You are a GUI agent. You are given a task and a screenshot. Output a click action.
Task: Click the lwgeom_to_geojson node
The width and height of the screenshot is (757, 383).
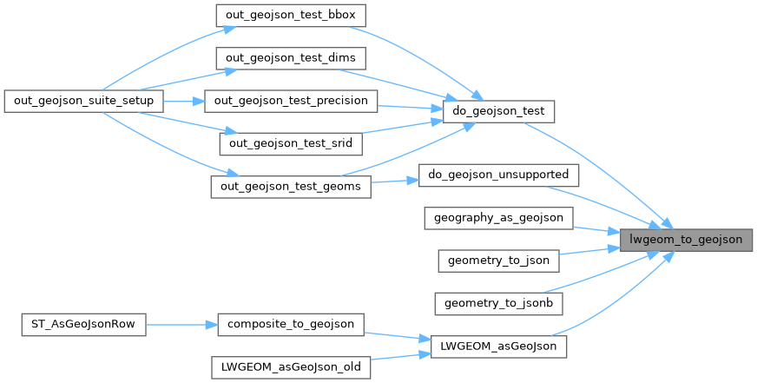click(686, 240)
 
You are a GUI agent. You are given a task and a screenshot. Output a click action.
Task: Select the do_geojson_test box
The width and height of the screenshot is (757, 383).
click(498, 111)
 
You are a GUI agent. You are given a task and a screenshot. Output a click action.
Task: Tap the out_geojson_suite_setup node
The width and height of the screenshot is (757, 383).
click(83, 101)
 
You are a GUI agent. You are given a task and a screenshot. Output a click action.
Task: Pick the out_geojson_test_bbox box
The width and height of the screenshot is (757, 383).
click(291, 16)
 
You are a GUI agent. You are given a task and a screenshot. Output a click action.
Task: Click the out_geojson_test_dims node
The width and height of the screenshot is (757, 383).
click(291, 58)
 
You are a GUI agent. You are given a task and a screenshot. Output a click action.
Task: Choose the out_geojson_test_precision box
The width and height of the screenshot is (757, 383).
click(291, 101)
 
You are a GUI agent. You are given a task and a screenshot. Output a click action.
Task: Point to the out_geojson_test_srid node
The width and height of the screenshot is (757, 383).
click(291, 144)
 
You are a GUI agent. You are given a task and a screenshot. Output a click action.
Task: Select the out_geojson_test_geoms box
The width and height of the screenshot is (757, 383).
click(291, 187)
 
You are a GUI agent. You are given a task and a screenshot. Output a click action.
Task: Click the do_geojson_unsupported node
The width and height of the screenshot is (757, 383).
click(498, 175)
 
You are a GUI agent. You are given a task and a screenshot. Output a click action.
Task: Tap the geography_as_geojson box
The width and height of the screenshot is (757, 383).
click(498, 218)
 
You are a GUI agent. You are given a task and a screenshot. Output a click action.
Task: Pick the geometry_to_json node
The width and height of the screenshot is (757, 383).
click(498, 261)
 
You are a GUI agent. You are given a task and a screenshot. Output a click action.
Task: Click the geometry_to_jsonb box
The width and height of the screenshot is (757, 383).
click(498, 304)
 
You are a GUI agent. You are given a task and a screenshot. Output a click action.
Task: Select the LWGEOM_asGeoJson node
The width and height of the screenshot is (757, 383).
click(498, 347)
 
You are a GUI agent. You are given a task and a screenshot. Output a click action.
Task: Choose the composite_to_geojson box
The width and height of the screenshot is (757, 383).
click(291, 325)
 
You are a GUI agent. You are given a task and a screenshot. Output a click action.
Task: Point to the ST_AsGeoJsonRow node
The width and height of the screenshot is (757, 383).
click(83, 325)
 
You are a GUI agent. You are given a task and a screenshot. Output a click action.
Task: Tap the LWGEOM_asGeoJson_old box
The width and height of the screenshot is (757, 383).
click(291, 367)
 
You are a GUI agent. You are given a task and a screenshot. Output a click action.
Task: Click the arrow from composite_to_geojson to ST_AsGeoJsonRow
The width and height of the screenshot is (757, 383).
click(181, 325)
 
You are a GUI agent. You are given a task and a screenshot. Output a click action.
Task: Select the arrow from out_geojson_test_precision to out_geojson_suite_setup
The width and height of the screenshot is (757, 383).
click(184, 102)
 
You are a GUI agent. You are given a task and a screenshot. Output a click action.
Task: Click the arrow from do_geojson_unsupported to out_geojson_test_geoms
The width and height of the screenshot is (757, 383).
click(394, 182)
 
